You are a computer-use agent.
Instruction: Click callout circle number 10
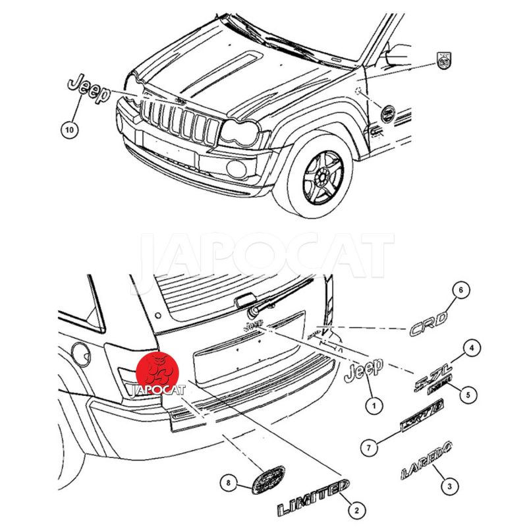69,130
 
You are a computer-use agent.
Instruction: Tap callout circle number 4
470,347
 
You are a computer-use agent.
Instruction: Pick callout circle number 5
468,395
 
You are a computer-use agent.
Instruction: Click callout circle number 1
374,406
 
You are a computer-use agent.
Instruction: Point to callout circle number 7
370,449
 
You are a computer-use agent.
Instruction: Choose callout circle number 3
449,487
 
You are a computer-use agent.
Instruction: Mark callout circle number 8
229,484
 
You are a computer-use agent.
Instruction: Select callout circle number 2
356,509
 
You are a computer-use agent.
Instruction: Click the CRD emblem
429,323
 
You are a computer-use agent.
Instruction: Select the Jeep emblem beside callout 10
88,90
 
